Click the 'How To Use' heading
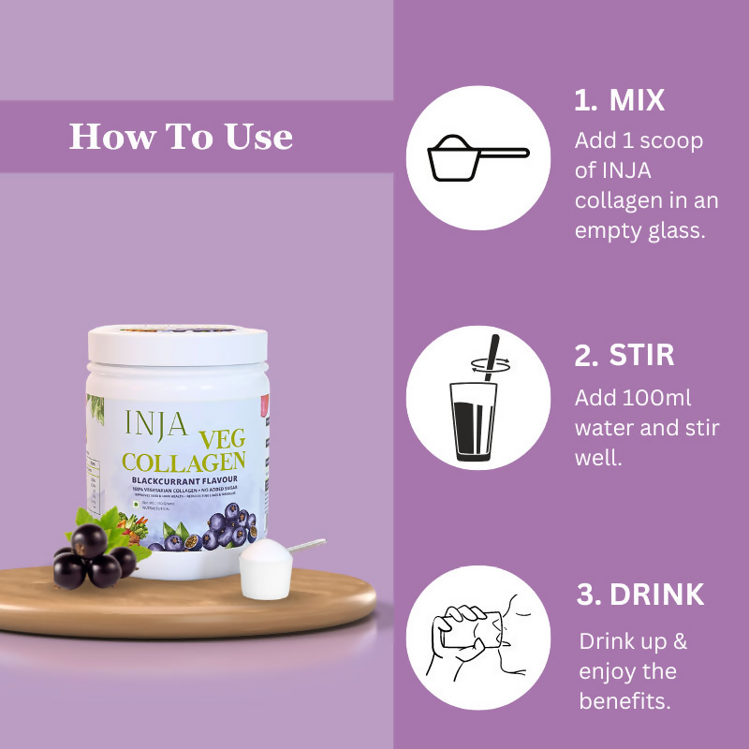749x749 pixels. [x=181, y=138]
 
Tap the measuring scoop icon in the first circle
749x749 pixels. [x=477, y=156]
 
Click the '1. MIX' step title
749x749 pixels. [x=619, y=101]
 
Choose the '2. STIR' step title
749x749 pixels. [x=624, y=356]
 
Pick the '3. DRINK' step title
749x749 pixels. [x=639, y=595]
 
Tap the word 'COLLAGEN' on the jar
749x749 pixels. [x=184, y=462]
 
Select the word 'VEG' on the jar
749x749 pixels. [x=219, y=437]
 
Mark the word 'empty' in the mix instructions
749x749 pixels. [x=608, y=230]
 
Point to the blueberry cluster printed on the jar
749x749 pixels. [x=201, y=534]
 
